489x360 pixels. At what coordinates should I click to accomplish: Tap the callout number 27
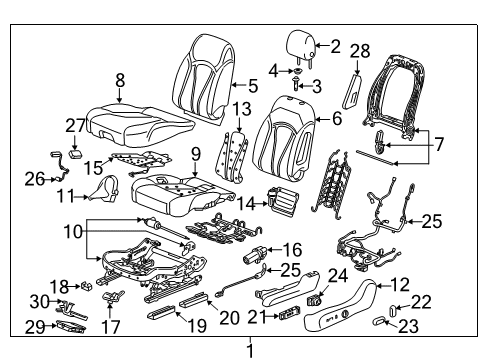70,126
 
